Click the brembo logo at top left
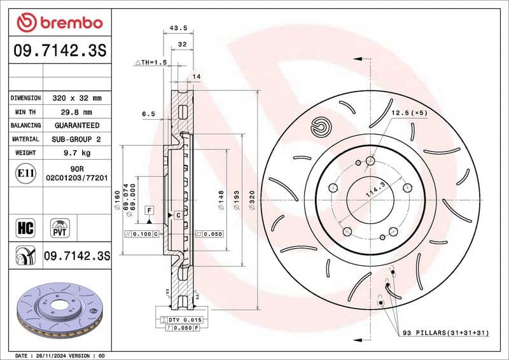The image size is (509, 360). [x=59, y=23]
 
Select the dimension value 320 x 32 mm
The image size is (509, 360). [x=77, y=99]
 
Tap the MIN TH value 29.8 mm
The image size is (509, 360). [x=77, y=112]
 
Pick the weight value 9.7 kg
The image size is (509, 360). [x=77, y=153]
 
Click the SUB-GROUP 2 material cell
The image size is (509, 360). [x=77, y=139]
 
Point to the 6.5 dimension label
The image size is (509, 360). [x=148, y=114]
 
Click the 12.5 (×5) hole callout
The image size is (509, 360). [x=408, y=113]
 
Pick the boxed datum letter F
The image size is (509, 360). [x=149, y=209]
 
